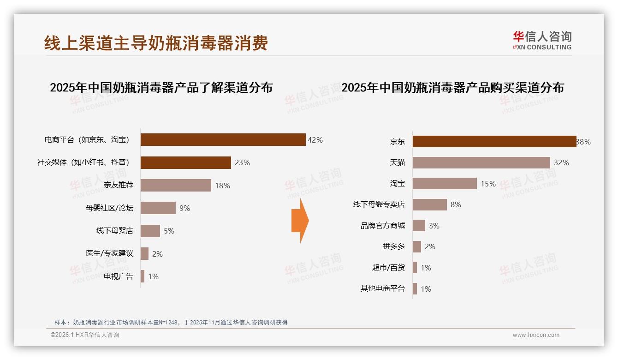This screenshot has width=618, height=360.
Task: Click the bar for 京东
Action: pos(494,141)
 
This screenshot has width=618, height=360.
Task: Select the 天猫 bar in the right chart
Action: pos(481,162)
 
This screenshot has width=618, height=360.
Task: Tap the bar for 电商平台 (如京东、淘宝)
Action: pos(223,139)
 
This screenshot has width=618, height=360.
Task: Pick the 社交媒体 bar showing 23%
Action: pos(185,162)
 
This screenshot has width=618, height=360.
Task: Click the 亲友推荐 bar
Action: pos(176,185)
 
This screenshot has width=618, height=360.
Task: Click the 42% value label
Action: pos(315,140)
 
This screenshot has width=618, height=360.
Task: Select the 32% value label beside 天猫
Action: pos(561,162)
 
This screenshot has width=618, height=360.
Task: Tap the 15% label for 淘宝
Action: pos(488,184)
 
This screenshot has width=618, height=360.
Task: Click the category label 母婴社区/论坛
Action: pos(109,208)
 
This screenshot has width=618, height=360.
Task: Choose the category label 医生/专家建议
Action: pos(109,253)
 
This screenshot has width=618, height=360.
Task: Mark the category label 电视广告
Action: pos(118,276)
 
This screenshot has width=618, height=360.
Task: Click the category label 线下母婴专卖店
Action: pos(379,204)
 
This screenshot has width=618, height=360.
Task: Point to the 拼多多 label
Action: pos(393,246)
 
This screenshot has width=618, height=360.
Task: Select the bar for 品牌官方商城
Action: pos(419,225)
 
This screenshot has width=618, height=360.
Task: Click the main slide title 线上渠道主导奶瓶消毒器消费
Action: pos(156,43)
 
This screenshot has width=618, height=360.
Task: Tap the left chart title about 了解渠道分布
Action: pos(161,88)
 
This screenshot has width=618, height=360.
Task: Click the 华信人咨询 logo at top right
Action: pos(542,40)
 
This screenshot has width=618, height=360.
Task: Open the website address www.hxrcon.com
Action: pos(536,335)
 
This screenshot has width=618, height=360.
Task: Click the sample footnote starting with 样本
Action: pos(171,322)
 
